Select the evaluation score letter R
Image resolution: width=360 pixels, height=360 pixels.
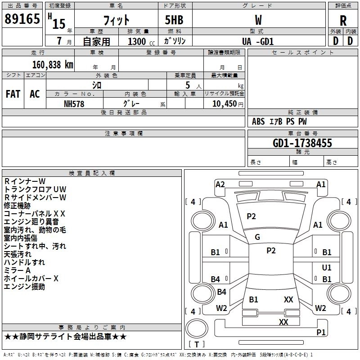343,20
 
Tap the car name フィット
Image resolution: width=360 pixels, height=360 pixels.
117,20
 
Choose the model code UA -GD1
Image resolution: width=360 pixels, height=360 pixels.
258,41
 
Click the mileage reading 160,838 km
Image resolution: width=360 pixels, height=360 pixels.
53,64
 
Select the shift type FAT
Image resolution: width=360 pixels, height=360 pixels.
13,94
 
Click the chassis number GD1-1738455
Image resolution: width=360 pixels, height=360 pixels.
302,143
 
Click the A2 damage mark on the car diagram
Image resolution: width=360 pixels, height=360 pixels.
220,184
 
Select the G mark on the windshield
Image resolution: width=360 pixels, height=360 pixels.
257,237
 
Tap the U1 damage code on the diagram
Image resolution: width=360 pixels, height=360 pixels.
327,267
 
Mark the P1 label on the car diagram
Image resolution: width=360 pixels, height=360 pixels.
321,332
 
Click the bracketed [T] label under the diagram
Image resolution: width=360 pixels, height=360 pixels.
196,345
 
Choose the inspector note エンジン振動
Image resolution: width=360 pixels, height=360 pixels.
24,287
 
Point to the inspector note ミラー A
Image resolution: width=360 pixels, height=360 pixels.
17,270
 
